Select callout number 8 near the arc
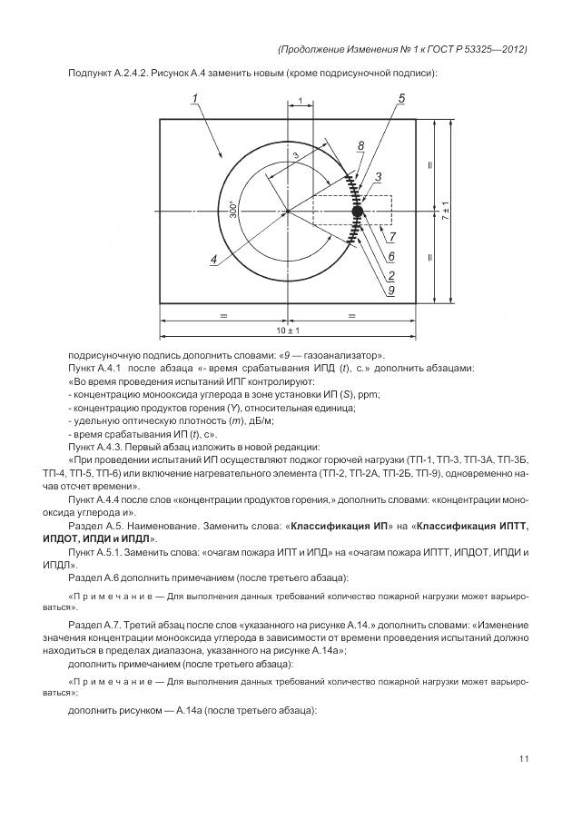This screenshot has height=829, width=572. click(360, 146)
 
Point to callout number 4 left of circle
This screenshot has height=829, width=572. click(213, 260)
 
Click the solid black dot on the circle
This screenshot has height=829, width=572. click(357, 212)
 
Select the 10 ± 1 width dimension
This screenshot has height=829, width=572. click(288, 331)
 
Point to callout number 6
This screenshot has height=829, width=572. click(391, 257)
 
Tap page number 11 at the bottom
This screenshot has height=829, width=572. click(524, 759)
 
